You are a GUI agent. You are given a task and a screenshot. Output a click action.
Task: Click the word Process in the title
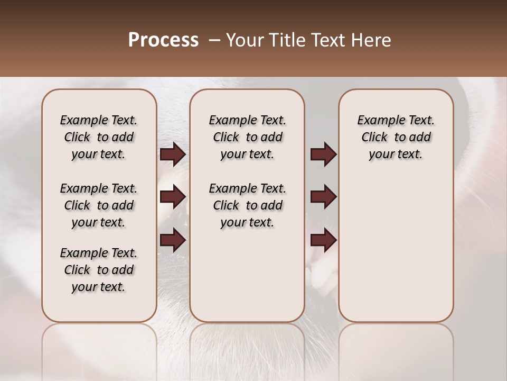pyautogui.click(x=163, y=40)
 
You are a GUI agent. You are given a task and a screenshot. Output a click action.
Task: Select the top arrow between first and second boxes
pyautogui.click(x=173, y=155)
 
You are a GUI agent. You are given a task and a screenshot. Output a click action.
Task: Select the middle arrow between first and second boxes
pyautogui.click(x=173, y=197)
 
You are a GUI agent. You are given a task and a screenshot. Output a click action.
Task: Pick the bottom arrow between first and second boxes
pyautogui.click(x=173, y=240)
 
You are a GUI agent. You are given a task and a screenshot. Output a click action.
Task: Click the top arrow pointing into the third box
pyautogui.click(x=323, y=155)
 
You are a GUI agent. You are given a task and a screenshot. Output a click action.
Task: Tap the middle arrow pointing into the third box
pyautogui.click(x=323, y=197)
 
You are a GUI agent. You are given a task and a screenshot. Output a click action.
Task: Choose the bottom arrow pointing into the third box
pyautogui.click(x=323, y=240)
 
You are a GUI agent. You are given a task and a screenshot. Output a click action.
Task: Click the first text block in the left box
pyautogui.click(x=99, y=137)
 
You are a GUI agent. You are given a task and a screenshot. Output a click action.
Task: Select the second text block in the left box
pyautogui.click(x=99, y=205)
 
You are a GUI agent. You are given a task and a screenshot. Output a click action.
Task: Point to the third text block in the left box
pyautogui.click(x=99, y=270)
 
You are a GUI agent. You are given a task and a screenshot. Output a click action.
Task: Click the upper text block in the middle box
pyautogui.click(x=247, y=137)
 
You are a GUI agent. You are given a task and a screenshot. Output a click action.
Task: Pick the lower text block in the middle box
pyautogui.click(x=247, y=205)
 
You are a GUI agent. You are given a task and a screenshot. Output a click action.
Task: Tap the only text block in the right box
pyautogui.click(x=396, y=137)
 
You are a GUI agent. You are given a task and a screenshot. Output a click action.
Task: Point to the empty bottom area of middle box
pyautogui.click(x=247, y=280)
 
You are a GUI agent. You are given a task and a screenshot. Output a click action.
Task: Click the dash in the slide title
pyautogui.click(x=214, y=40)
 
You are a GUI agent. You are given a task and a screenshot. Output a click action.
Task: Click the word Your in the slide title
pyautogui.click(x=243, y=40)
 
